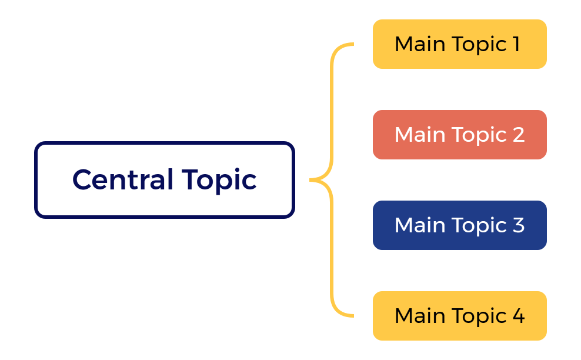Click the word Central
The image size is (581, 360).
(x=122, y=179)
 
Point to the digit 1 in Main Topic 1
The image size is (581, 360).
(x=516, y=44)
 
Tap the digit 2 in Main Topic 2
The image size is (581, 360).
(x=517, y=135)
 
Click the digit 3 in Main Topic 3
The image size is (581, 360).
(x=517, y=225)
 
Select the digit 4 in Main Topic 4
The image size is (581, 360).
(x=518, y=316)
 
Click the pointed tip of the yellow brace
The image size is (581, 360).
(x=311, y=180)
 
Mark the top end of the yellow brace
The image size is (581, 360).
(x=352, y=44)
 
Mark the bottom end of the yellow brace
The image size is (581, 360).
(x=352, y=316)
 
